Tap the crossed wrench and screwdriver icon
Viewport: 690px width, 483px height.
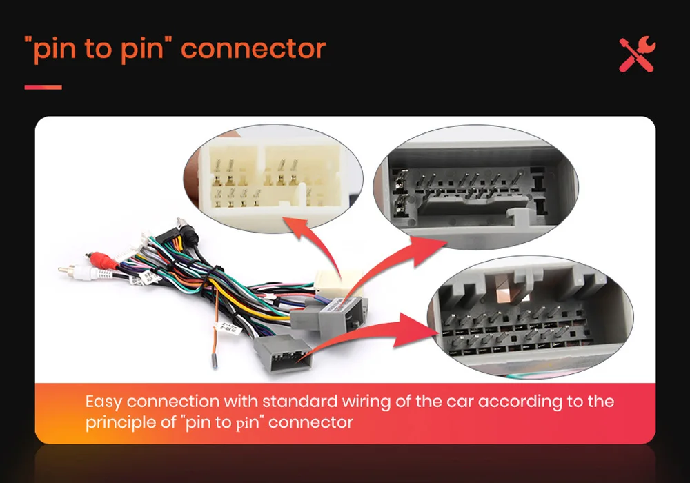(x=637, y=55)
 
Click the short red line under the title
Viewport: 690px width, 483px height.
(x=43, y=87)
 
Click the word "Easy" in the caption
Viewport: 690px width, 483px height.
(x=103, y=402)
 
